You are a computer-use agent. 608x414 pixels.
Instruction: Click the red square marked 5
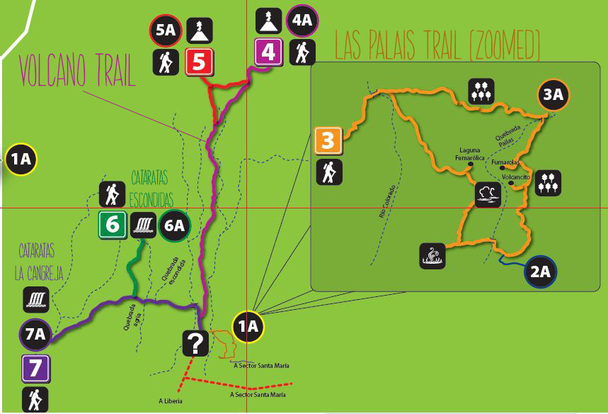[199, 62]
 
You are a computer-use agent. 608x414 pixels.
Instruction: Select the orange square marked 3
[328, 140]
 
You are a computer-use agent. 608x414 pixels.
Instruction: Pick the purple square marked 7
[35, 369]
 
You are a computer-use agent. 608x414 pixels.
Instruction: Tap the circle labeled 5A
[166, 30]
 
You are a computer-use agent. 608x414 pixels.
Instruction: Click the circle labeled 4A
[302, 20]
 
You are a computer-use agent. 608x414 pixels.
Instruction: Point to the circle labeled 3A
[554, 96]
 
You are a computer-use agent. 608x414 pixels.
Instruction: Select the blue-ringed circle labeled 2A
[541, 272]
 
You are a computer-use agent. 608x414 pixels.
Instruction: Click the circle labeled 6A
[175, 225]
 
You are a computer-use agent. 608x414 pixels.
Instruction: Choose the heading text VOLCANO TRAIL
[77, 72]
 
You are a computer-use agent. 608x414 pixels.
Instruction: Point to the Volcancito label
[517, 177]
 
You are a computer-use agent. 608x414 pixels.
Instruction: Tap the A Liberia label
[170, 401]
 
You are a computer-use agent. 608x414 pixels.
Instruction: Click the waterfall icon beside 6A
[142, 225]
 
